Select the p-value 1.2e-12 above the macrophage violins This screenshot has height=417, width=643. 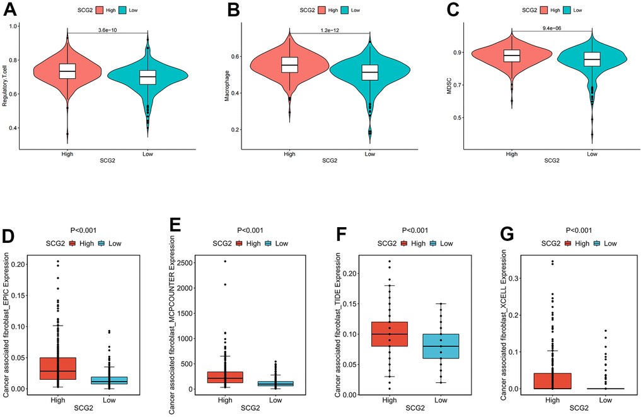point(330,29)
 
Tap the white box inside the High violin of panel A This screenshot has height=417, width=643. point(67,71)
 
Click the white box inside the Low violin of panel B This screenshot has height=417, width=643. point(369,72)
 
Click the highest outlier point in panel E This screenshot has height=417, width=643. point(224,261)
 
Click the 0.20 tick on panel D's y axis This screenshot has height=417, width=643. point(20,264)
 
